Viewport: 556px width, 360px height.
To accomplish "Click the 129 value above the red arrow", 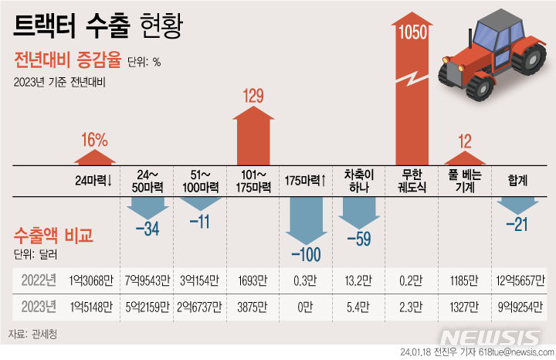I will [x=253, y=97].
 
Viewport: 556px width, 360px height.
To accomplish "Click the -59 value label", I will [x=360, y=237].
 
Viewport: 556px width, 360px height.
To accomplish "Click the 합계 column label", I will [x=517, y=180].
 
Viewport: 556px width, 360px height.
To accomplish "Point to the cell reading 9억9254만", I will [x=517, y=307].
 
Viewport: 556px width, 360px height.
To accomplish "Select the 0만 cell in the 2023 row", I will [x=306, y=307].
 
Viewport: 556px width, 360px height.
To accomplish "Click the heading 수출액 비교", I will [x=53, y=235].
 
